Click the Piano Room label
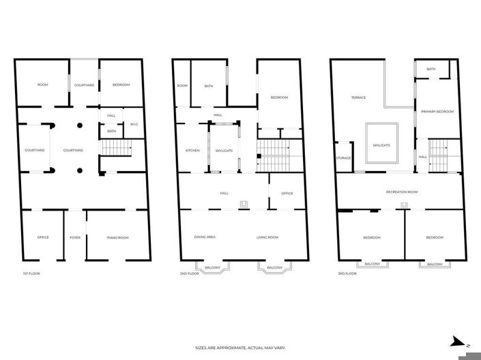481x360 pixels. (x=118, y=238)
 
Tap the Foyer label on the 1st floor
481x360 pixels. (x=75, y=237)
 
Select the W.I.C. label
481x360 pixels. (x=134, y=124)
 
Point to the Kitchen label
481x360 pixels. (x=192, y=151)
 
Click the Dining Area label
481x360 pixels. (x=205, y=237)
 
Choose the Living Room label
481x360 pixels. (x=267, y=237)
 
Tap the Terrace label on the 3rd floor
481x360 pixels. (x=359, y=97)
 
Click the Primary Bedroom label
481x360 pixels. (x=437, y=112)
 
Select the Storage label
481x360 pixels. (x=344, y=158)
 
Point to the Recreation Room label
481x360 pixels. (x=402, y=192)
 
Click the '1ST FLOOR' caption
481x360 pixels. (x=31, y=273)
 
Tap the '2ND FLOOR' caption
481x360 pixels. (x=189, y=273)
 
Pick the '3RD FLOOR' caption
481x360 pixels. (x=347, y=273)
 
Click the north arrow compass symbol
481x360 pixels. (x=458, y=342)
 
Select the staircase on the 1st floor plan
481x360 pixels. (x=117, y=148)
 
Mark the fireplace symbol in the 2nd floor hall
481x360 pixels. (x=244, y=205)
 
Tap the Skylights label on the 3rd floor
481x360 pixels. (x=381, y=145)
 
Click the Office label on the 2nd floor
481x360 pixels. (x=287, y=194)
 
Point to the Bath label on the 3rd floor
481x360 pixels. (x=431, y=69)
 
